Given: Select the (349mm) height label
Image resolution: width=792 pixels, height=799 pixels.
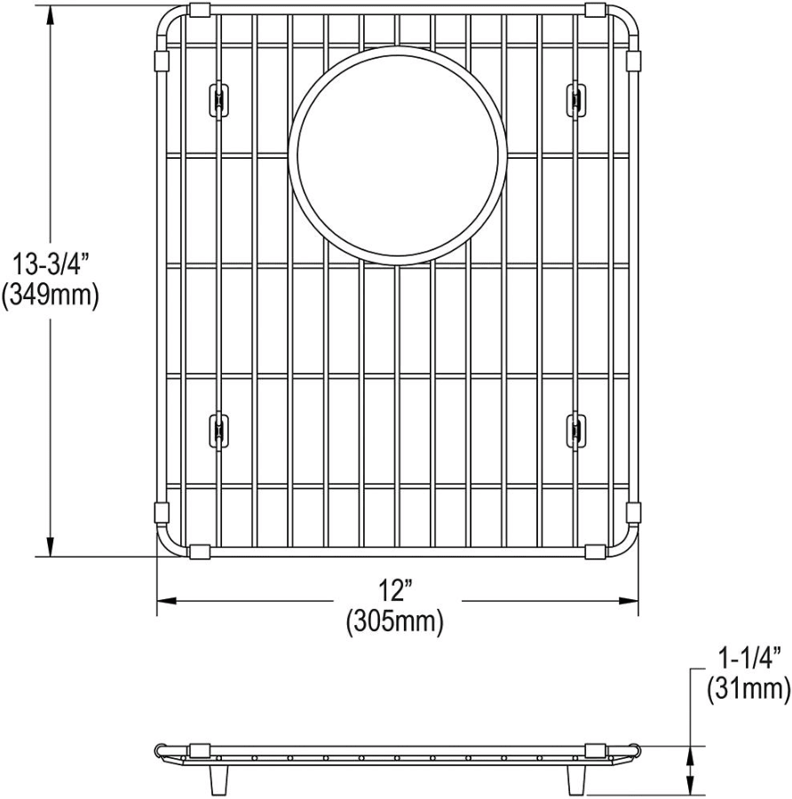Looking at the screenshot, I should pos(50,295).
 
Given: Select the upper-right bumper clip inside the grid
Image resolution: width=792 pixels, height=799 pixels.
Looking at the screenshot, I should pos(576,99).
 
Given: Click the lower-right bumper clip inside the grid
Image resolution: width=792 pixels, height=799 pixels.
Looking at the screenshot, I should pos(576,429).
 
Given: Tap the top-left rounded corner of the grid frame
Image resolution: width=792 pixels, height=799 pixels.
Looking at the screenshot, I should pos(168,23).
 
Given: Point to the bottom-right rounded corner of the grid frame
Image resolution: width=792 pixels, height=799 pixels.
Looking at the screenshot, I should pos(627,543).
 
